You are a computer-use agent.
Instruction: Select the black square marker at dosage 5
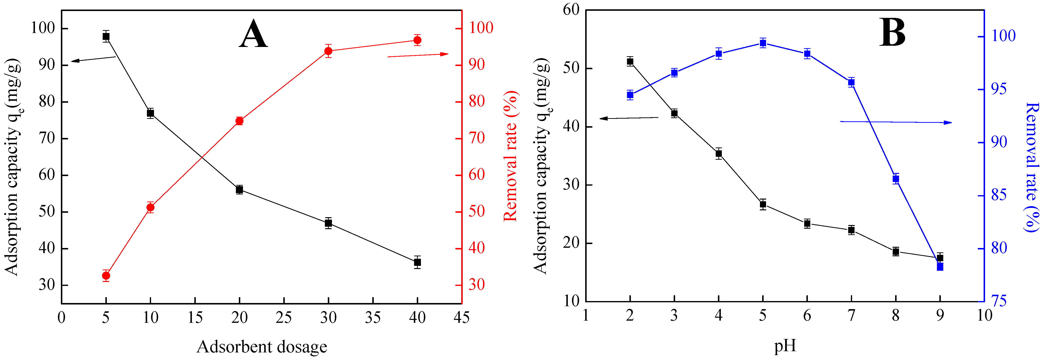pos(106,36)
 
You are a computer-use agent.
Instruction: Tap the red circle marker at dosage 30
pos(328,51)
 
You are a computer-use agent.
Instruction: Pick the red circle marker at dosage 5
pos(106,276)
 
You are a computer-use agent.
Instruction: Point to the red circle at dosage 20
pos(239,121)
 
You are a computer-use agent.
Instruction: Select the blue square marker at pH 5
pos(763,43)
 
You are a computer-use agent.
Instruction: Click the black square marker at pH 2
pos(630,62)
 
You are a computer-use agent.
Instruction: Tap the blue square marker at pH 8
pos(896,179)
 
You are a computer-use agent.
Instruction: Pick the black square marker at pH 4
pos(719,154)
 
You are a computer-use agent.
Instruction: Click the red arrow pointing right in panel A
pos(418,55)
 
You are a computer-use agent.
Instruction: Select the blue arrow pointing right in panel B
pos(896,122)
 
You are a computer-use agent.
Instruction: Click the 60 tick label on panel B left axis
pos(571,10)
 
